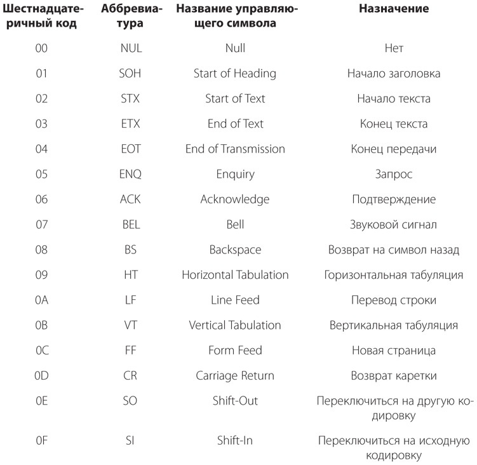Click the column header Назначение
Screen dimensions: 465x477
[x=393, y=9]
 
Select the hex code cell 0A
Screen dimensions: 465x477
[x=41, y=300]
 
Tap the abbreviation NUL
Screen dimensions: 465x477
[x=130, y=48]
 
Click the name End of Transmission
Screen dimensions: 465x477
[x=235, y=149]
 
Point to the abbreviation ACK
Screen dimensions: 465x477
[x=130, y=199]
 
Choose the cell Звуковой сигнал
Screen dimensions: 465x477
[x=393, y=224]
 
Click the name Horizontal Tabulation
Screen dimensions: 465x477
[x=235, y=275]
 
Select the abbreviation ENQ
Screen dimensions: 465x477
[x=130, y=174]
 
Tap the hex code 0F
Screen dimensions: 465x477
[x=41, y=440]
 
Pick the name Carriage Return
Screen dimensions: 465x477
[x=235, y=375]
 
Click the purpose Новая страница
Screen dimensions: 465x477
[x=393, y=351]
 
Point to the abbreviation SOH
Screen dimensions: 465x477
[x=130, y=74]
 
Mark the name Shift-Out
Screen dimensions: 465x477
[x=235, y=401]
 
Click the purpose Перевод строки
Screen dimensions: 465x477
[x=393, y=300]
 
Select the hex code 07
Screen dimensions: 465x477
[x=41, y=224]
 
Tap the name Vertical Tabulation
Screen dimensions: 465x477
[x=235, y=325]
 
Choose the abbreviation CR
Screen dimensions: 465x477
[x=130, y=375]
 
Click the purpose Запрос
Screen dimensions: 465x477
[x=393, y=174]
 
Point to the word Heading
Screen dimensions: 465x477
[x=254, y=74]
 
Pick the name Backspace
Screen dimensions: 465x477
[x=235, y=250]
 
